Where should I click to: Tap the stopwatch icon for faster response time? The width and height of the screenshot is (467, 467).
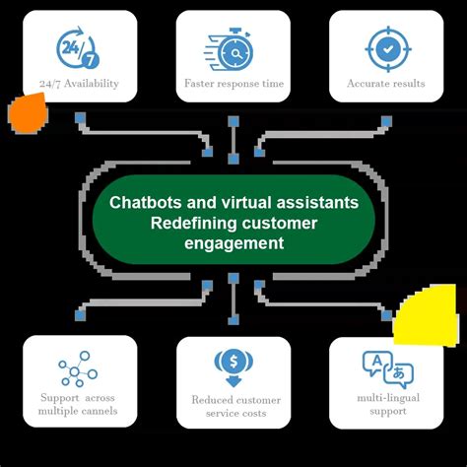pyautogui.click(x=233, y=47)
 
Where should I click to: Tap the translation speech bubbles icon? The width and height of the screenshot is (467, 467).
pyautogui.click(x=386, y=369)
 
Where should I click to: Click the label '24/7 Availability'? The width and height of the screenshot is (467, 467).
pyautogui.click(x=79, y=84)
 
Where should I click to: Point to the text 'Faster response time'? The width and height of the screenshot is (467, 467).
pyautogui.click(x=233, y=84)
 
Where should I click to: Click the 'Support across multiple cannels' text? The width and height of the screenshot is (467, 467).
pyautogui.click(x=79, y=404)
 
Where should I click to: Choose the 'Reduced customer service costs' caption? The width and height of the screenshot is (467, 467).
pyautogui.click(x=234, y=408)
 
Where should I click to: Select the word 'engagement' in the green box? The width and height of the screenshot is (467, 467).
pyautogui.click(x=233, y=243)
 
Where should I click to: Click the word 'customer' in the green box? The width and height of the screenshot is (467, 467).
pyautogui.click(x=281, y=223)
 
